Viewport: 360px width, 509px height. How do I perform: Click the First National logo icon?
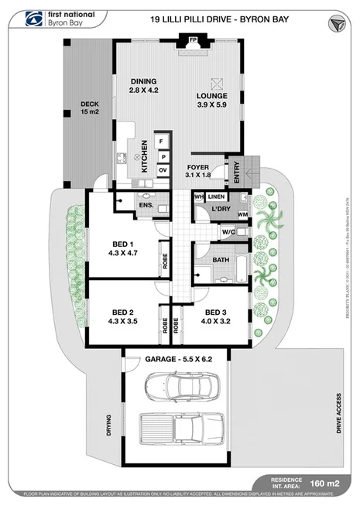[33, 18]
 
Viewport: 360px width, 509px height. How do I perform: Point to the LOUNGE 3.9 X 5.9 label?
[211, 98]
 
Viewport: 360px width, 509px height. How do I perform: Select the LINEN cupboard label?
[216, 196]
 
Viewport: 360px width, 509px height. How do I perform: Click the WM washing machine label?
[242, 214]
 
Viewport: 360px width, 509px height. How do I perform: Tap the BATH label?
[221, 260]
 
